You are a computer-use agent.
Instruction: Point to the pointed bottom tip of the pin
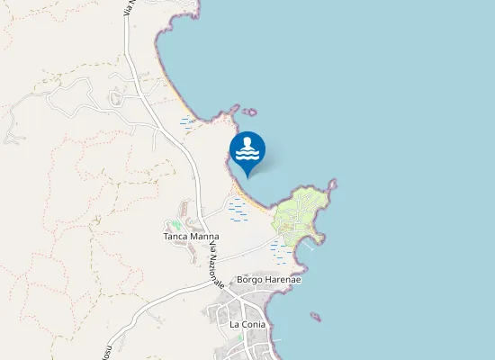[247, 176]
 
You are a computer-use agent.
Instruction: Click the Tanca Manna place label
[191, 237]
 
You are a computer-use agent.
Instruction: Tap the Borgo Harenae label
[268, 280]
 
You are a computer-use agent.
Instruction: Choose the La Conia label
[247, 324]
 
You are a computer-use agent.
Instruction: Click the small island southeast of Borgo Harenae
[315, 316]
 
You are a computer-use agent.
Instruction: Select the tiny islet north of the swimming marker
[249, 112]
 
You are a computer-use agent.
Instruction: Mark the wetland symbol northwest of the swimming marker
[187, 121]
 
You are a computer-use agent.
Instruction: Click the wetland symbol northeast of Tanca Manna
[238, 210]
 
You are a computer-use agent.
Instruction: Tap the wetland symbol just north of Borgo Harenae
[278, 253]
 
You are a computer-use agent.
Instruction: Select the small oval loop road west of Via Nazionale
[116, 96]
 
